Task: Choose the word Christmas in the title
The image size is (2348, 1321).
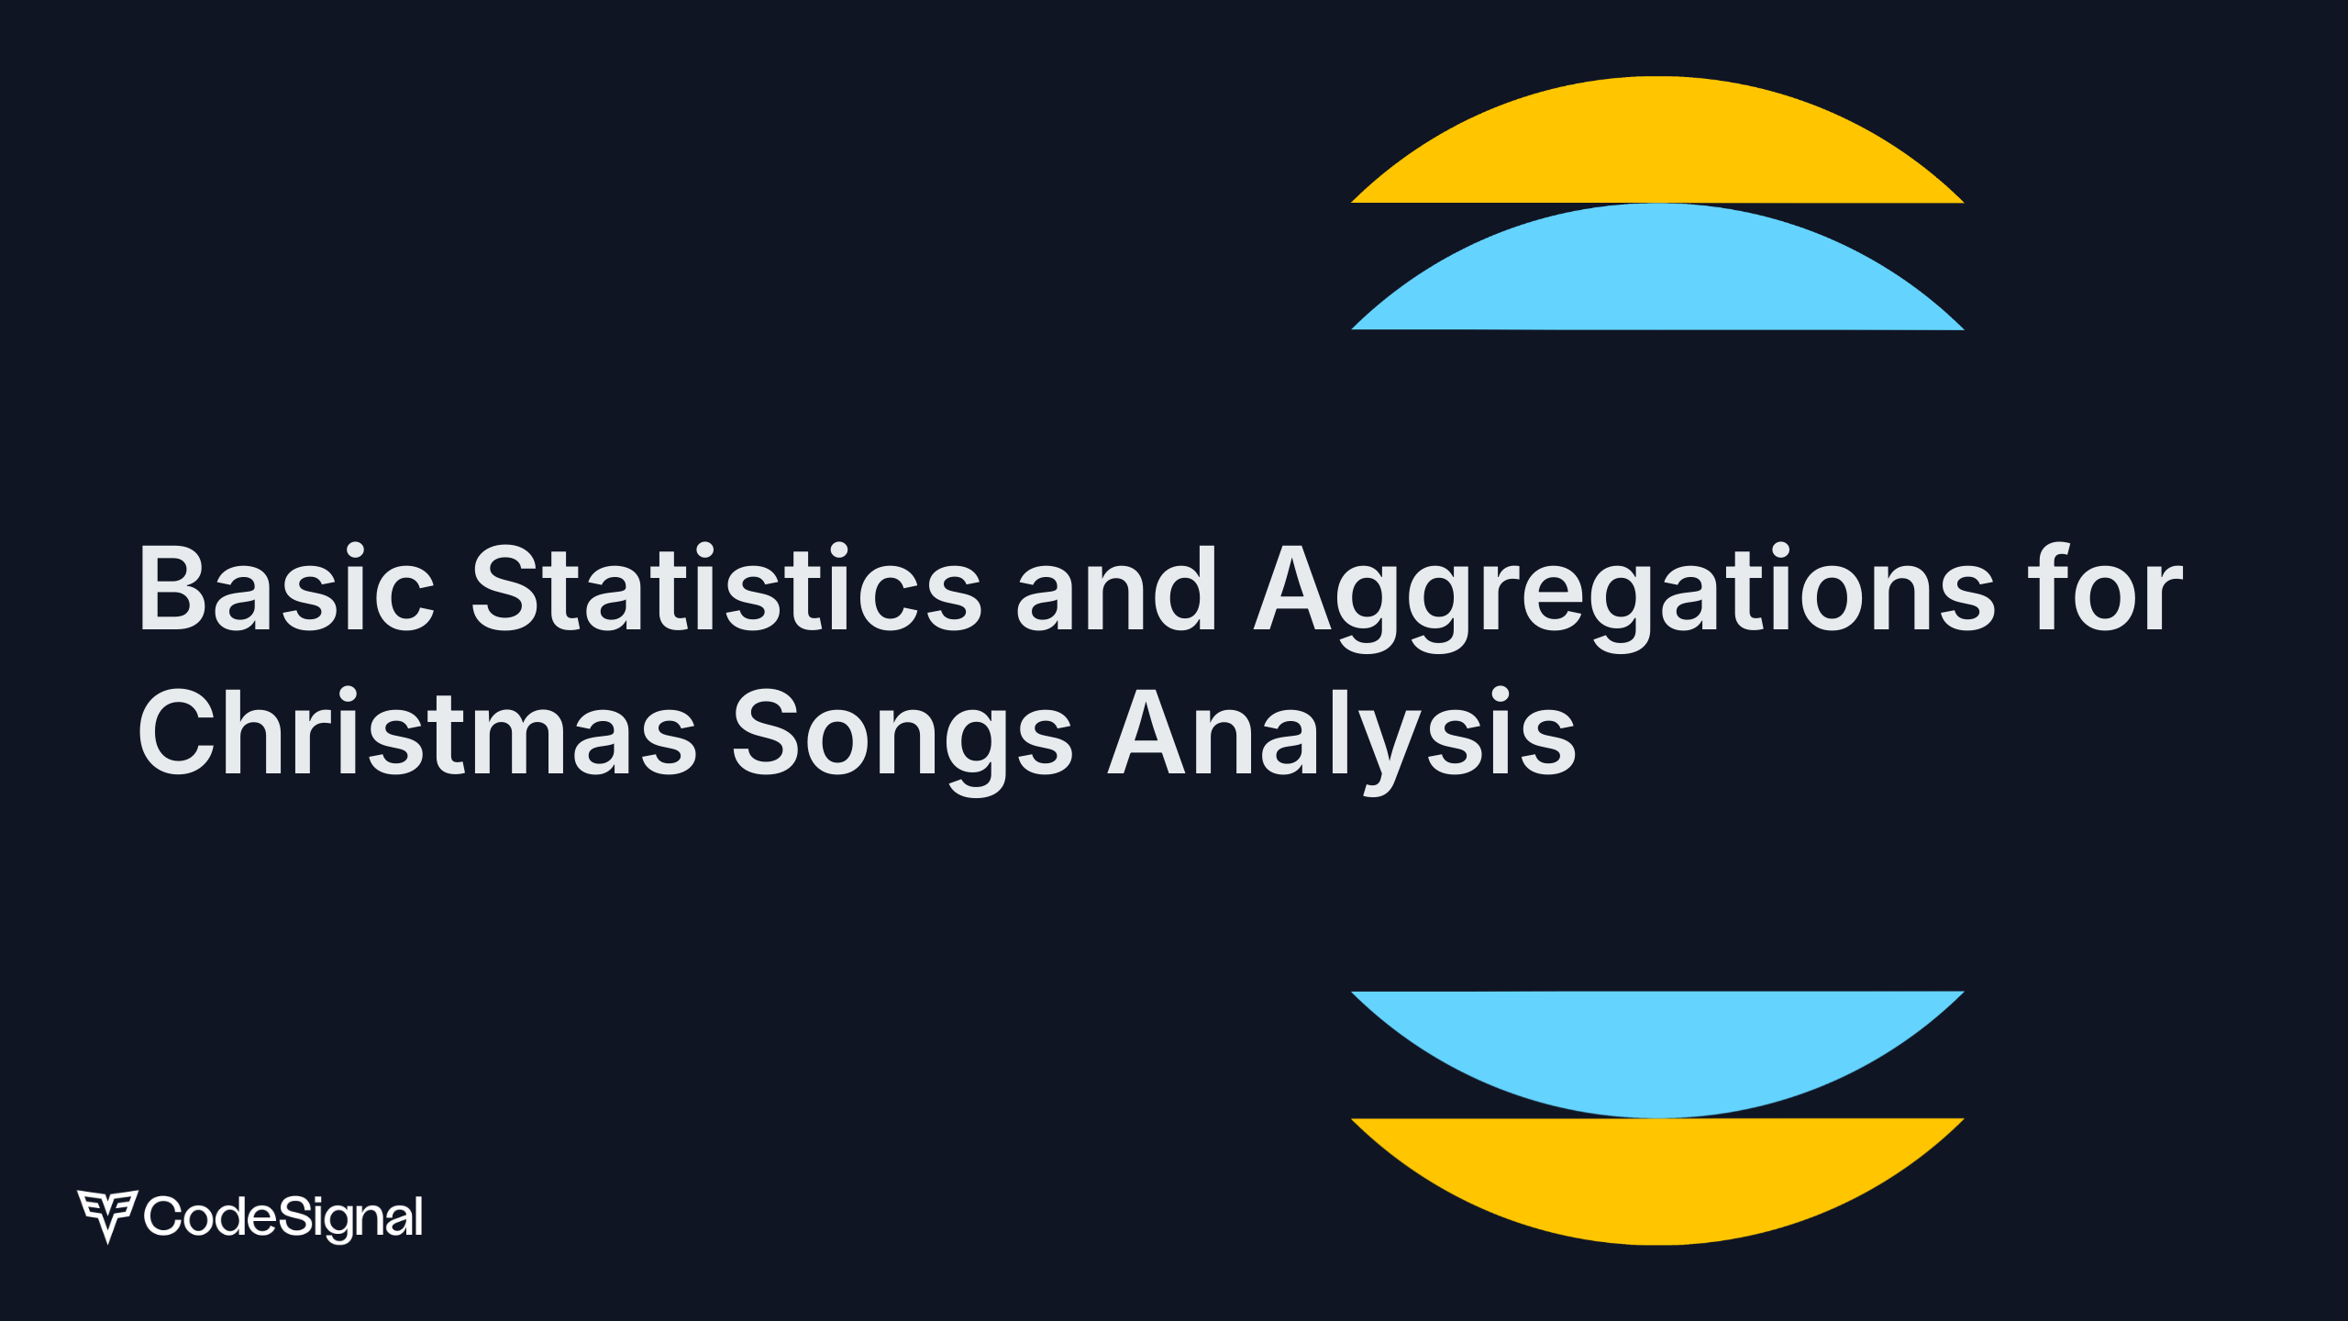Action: [418, 732]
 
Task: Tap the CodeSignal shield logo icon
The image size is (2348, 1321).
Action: [107, 1216]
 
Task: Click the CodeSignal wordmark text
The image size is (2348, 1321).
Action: [283, 1218]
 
